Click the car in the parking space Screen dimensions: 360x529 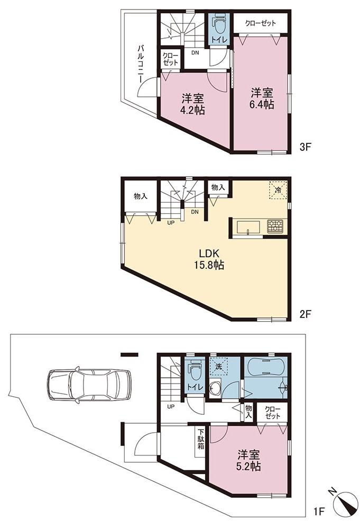point(89,385)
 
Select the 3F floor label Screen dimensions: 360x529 point(307,148)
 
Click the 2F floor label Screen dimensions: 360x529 point(306,314)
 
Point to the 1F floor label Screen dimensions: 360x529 point(319,512)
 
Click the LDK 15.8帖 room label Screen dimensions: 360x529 point(209,259)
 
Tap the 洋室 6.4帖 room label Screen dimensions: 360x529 point(262,98)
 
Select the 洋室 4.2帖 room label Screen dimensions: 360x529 point(192,104)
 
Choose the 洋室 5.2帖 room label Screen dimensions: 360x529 point(248,460)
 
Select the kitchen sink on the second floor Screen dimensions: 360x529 point(248,227)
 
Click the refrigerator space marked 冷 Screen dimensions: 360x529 point(278,190)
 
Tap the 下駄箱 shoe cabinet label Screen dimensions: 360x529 point(201,439)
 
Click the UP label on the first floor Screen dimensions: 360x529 point(171,406)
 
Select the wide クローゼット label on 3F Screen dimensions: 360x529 point(261,23)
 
